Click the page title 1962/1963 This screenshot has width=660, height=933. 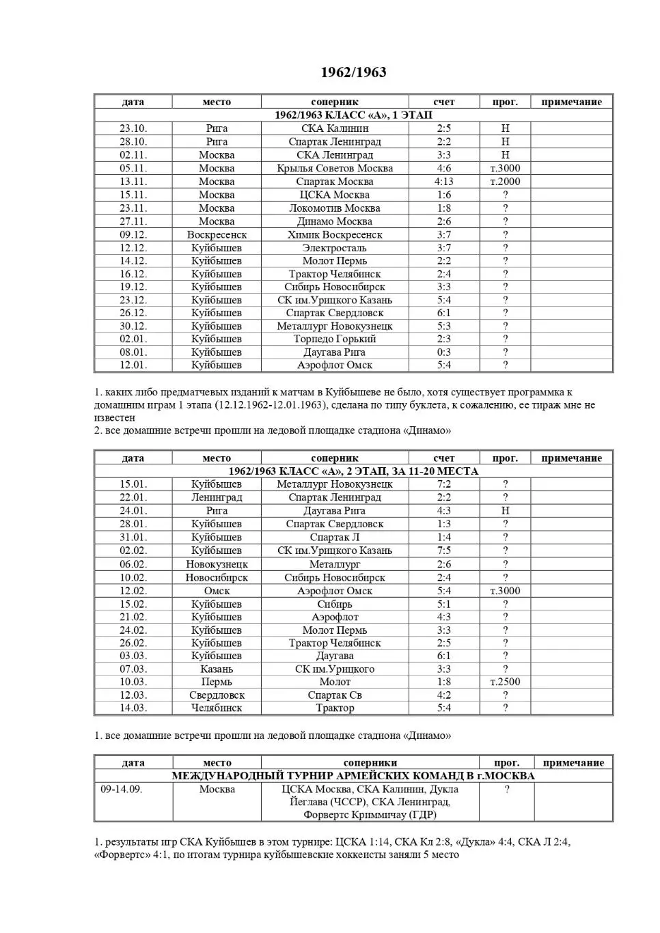353,72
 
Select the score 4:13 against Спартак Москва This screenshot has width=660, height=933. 443,182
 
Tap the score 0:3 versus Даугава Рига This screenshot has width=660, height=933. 443,352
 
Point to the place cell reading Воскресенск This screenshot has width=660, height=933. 217,235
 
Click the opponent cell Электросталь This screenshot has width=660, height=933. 334,248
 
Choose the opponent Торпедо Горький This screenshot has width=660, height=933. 334,339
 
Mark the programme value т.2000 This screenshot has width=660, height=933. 505,182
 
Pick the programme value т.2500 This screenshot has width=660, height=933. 505,682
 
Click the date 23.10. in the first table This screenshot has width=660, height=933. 133,128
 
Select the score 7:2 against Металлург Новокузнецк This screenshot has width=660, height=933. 443,484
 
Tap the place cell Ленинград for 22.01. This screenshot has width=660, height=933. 217,497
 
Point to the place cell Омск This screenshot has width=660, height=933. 217,591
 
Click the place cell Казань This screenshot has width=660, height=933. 217,669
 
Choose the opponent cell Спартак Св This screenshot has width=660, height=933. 334,695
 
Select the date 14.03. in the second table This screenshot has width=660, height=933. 133,708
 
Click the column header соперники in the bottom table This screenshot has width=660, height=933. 370,763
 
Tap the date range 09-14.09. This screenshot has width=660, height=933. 122,790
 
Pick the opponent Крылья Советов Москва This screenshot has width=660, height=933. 334,169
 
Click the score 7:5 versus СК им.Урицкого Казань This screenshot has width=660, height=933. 443,551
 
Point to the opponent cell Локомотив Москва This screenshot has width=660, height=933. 334,208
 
